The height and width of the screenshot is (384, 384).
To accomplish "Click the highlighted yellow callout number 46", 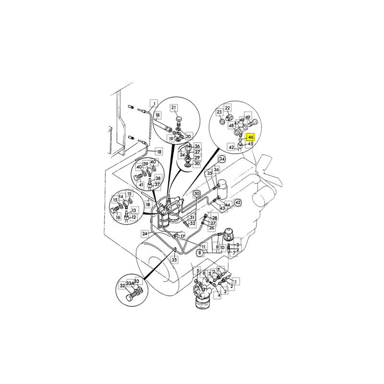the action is (251, 137).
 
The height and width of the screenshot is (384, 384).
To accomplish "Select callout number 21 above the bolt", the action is (174, 108).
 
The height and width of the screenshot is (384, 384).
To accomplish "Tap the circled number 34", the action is (222, 159).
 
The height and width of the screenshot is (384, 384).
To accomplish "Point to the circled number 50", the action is (197, 194).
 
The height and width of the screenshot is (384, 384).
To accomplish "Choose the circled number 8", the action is (200, 253).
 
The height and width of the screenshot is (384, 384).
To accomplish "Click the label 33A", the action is (130, 283).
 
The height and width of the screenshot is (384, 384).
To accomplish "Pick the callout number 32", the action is (122, 286).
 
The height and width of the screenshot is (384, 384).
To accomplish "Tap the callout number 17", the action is (182, 237).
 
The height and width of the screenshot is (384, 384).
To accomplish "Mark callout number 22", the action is (228, 108).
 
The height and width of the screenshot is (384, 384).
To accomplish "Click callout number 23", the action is (219, 112).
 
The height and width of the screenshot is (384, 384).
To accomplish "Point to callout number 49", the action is (248, 117).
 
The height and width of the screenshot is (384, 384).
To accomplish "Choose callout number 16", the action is (118, 217).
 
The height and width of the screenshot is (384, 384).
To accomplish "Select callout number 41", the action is (141, 185).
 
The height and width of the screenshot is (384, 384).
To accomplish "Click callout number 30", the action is (197, 164).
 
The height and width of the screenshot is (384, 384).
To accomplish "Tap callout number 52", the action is (193, 223).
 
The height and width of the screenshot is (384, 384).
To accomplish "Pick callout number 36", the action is (216, 169).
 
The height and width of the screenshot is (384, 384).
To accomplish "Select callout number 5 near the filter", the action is (198, 271).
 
